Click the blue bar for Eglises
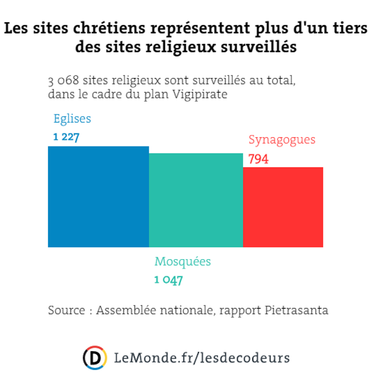tap(98, 197)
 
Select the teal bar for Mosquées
tap(196, 200)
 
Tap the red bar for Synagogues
tap(283, 207)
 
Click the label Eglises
tap(72, 119)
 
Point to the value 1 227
tap(66, 137)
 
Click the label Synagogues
tap(282, 140)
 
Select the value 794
tap(258, 160)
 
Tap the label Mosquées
tap(183, 262)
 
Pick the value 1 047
tap(169, 280)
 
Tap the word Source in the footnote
tap(65, 310)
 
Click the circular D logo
tap(95, 358)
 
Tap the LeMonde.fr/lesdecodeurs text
tap(202, 358)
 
